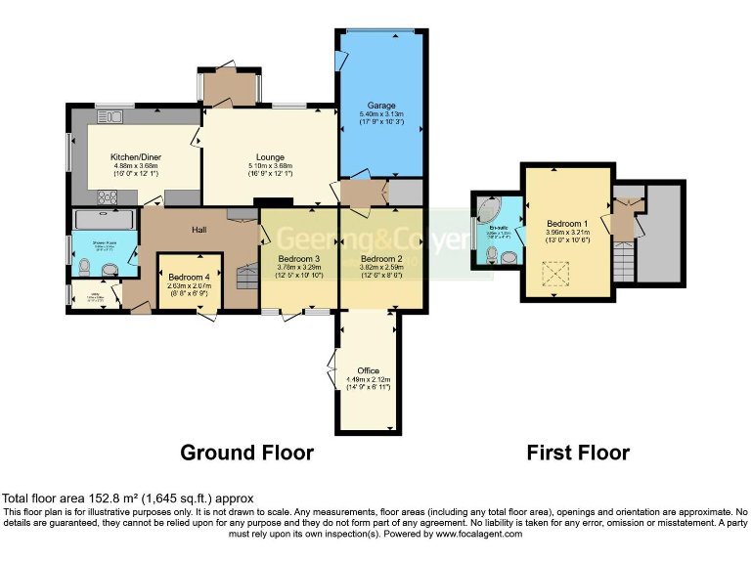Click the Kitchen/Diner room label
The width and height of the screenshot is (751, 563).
135,157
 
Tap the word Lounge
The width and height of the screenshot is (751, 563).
270,157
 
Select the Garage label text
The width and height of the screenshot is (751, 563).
380,105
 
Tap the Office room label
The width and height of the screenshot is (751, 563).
368,370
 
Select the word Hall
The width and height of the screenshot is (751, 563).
199,230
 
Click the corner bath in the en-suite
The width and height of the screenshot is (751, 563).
487,210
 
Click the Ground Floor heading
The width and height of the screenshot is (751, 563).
247,453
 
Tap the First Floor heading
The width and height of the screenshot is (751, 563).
578,453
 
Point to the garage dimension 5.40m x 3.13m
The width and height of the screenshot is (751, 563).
380,114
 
